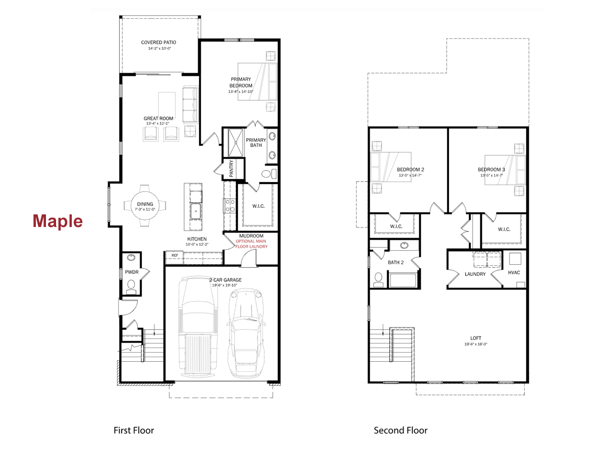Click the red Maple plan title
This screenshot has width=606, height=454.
[58, 221]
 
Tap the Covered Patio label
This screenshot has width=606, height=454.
[159, 43]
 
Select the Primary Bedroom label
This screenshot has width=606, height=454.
[241, 82]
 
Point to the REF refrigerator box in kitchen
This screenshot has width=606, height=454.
[175, 256]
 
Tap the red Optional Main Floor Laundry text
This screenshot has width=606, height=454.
[251, 244]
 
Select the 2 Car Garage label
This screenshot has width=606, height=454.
[226, 280]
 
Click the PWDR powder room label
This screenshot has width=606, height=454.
[131, 272]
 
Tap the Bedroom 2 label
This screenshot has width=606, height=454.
[410, 169]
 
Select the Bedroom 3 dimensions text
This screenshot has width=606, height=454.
[491, 176]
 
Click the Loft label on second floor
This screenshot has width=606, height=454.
[476, 338]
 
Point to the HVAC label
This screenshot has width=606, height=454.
[514, 273]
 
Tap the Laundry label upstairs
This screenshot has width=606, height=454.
[475, 274]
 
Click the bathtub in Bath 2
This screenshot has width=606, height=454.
[403, 278]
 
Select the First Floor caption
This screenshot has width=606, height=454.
[133, 430]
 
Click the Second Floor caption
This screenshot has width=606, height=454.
[400, 430]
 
